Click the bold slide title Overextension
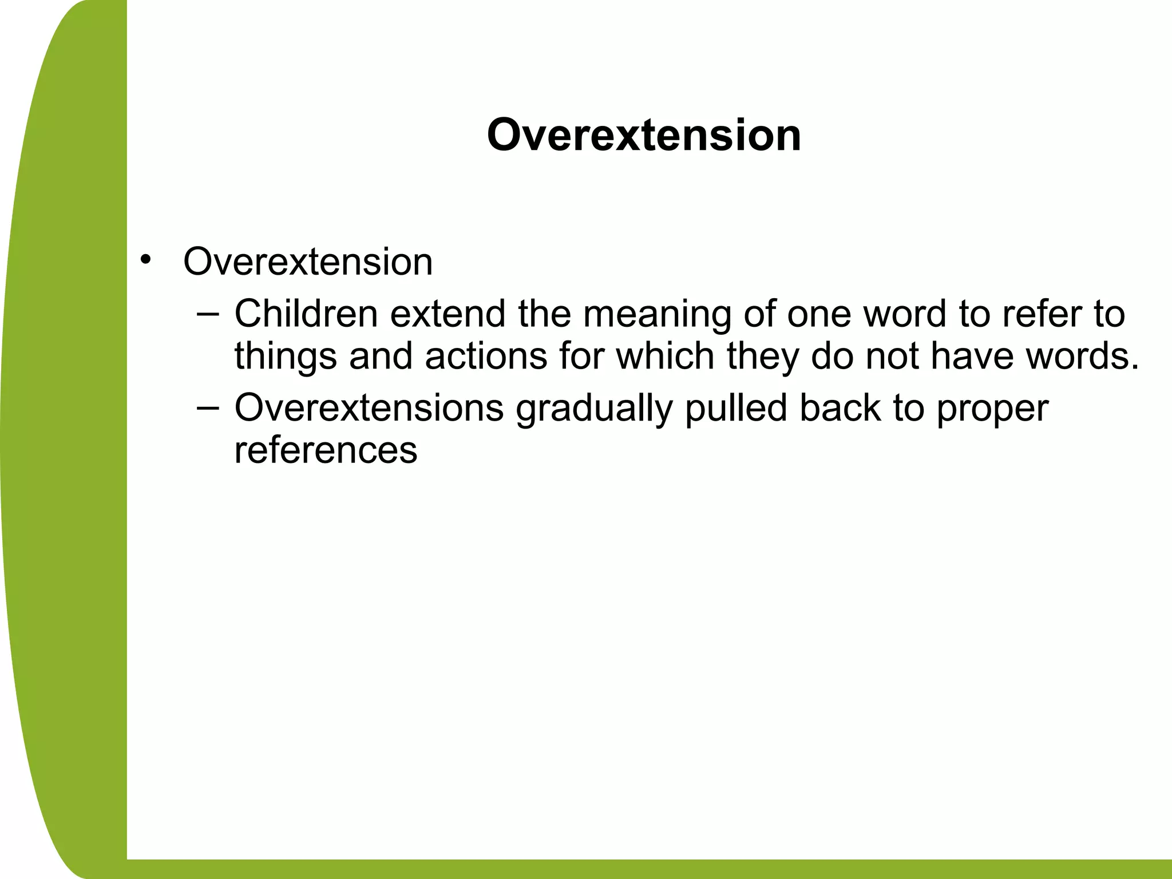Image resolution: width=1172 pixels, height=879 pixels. [644, 136]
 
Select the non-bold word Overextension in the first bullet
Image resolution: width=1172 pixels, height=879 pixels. [308, 262]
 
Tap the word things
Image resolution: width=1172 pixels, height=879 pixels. [285, 357]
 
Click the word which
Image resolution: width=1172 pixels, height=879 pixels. [666, 355]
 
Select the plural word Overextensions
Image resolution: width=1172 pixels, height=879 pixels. [369, 408]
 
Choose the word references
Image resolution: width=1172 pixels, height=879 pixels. [326, 450]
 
